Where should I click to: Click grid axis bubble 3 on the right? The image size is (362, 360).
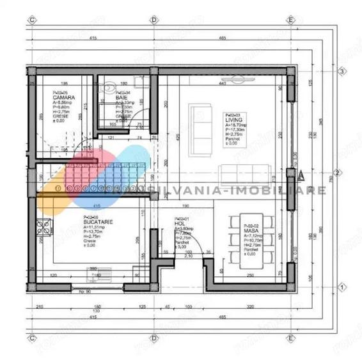click(342, 71)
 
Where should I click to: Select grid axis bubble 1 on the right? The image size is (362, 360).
click(342, 286)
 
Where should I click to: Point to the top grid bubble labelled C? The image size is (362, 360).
click(31, 19)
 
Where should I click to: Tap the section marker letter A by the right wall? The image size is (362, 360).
click(301, 173)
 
